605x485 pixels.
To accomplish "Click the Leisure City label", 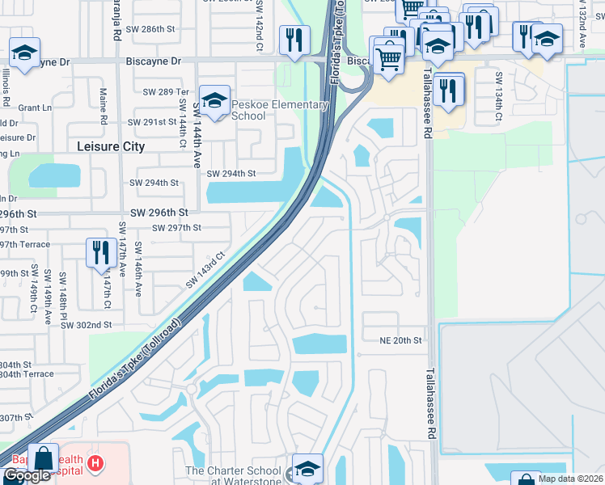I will tap(110, 146).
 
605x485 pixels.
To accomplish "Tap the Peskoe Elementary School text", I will tap(279, 110).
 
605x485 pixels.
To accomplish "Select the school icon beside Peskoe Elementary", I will tap(214, 101).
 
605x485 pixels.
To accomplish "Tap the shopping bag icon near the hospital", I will tap(43, 458).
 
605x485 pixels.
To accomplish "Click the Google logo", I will tap(27, 476).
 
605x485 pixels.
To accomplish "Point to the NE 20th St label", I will tap(401, 341).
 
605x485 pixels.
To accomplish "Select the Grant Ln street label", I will tap(35, 107).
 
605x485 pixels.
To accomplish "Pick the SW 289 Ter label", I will tap(166, 92).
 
